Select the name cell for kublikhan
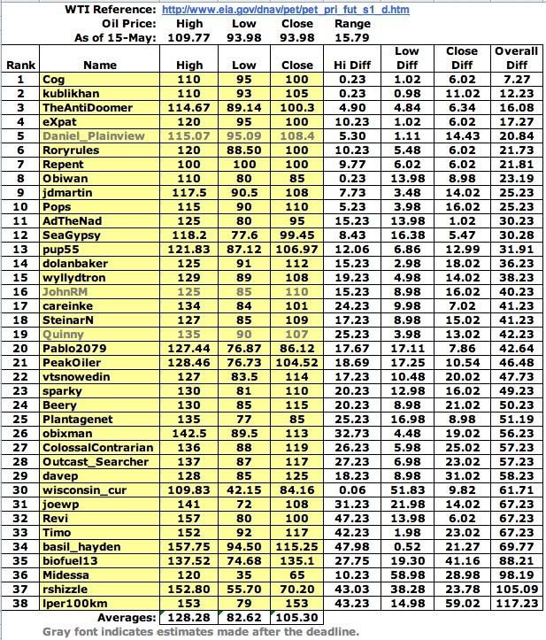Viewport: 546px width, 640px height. click(x=75, y=93)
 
